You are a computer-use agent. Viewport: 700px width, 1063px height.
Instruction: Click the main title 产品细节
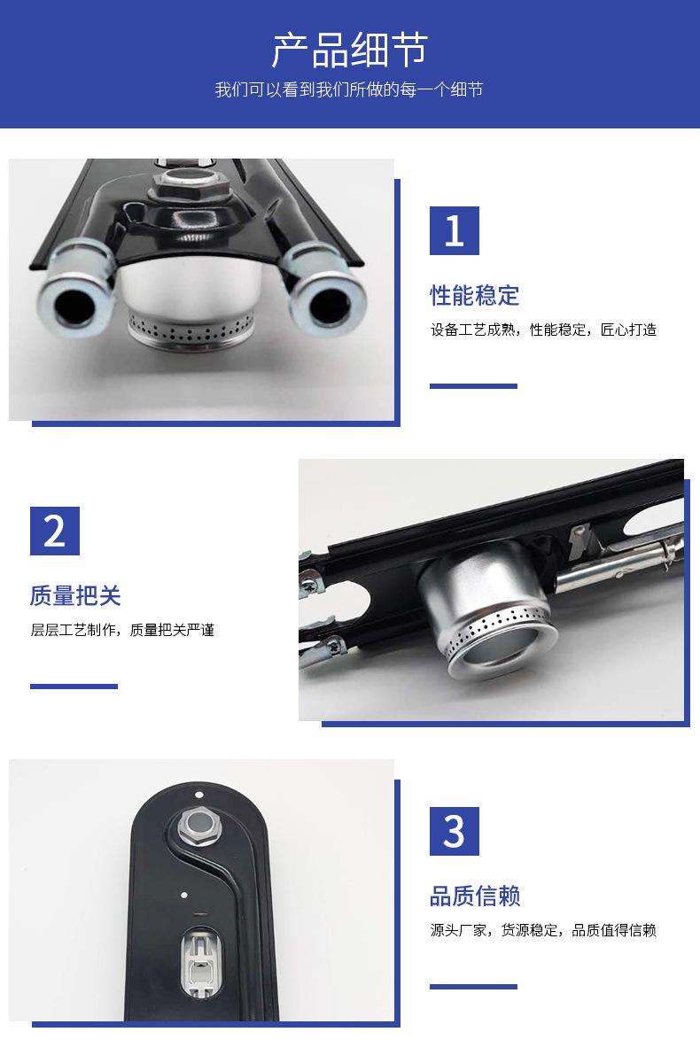point(350,50)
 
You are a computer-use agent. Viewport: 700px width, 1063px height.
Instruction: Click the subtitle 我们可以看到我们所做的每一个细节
point(349,89)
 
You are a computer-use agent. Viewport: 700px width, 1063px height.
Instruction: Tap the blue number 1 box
point(455,230)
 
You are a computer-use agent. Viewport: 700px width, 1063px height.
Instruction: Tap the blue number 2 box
point(55,531)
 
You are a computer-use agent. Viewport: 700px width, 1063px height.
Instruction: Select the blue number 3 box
point(455,831)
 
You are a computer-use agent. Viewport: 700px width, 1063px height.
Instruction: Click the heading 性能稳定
point(474,296)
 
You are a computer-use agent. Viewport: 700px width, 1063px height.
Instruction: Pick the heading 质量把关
point(75,595)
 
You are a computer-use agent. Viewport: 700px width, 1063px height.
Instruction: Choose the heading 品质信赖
point(475,896)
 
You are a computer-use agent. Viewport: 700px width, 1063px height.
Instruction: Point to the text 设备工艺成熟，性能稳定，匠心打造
point(543,330)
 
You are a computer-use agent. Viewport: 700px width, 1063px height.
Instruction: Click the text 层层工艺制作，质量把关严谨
point(122,630)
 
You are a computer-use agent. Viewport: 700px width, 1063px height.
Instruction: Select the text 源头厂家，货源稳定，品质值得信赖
point(543,930)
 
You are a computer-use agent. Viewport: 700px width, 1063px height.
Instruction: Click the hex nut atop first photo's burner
point(189,187)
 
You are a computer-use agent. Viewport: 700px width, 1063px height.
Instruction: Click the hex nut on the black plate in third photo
point(199,826)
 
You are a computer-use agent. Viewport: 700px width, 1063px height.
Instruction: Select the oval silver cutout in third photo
point(201,960)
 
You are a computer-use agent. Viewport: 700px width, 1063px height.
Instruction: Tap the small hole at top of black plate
point(198,794)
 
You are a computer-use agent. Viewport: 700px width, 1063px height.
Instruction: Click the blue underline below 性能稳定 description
point(473,386)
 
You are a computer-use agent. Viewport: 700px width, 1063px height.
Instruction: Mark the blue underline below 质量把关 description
point(74,687)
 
